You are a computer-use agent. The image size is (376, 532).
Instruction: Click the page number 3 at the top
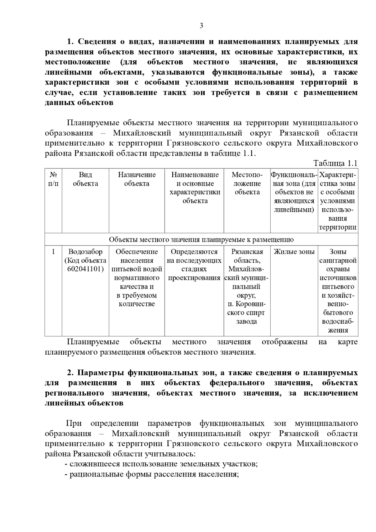[201, 26]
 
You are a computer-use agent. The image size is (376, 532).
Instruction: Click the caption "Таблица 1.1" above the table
[335, 163]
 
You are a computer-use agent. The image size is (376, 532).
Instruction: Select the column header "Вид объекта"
[85, 179]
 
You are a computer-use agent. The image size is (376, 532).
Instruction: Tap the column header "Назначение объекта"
[137, 179]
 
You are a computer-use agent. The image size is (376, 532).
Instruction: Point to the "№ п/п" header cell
[53, 179]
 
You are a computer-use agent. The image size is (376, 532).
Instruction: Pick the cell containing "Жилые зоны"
[294, 252]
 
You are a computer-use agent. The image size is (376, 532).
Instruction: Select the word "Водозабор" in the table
[85, 252]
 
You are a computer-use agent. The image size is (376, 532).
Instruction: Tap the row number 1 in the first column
[53, 252]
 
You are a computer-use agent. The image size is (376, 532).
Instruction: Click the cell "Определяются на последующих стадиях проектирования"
[194, 265]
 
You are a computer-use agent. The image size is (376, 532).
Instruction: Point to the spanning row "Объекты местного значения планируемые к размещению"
[201, 240]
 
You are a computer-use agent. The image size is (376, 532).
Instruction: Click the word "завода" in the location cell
[247, 322]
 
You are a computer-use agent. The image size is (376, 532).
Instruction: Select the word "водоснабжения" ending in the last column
[338, 326]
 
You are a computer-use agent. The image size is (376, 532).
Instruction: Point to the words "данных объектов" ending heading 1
[79, 103]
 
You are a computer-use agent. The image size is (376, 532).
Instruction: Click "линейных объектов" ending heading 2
[84, 403]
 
